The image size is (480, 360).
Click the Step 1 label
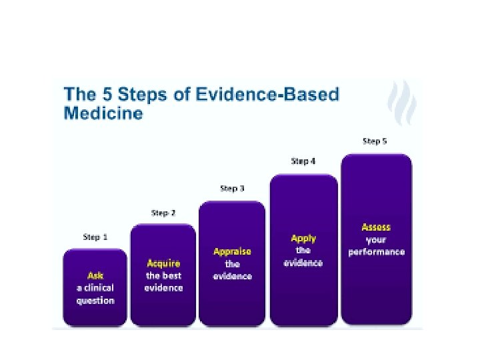point(95,237)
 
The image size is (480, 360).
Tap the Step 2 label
point(163,213)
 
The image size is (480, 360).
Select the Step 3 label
point(232,189)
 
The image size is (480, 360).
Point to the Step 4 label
point(303,161)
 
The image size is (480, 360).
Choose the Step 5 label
point(375,141)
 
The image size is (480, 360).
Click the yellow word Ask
point(95,275)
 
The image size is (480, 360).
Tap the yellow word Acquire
point(163,263)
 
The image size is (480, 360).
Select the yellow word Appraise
point(232,251)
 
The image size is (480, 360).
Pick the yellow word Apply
point(303,238)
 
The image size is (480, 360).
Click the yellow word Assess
point(376,227)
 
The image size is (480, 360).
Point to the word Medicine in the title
point(103,113)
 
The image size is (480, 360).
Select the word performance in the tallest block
point(376,253)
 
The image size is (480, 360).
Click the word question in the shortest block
point(95,301)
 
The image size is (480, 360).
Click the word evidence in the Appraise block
point(232,276)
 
